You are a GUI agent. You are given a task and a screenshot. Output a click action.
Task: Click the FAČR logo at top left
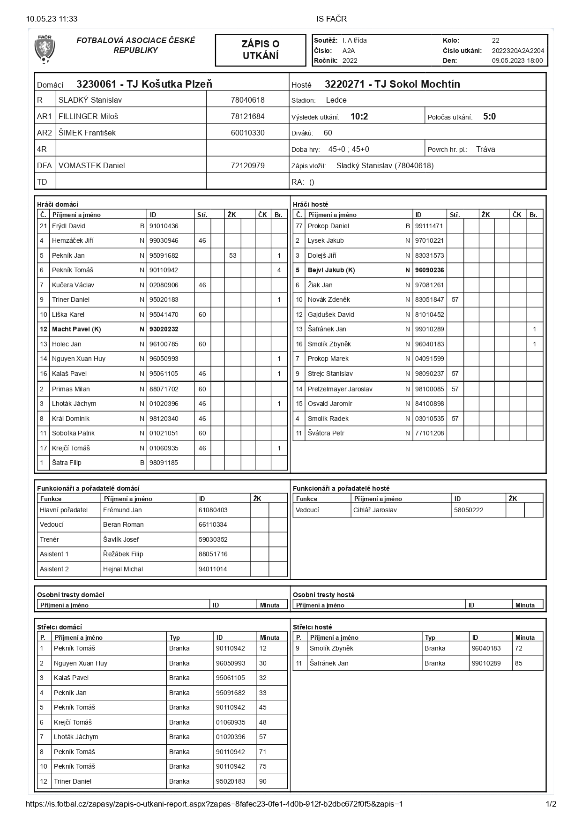pyautogui.click(x=45, y=49)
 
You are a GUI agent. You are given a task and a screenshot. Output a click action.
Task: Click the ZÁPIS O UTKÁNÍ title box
pyautogui.click(x=261, y=50)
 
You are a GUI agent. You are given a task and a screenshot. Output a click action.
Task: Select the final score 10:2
pyautogui.click(x=359, y=117)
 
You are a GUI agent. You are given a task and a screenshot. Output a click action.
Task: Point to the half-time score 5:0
pyautogui.click(x=489, y=117)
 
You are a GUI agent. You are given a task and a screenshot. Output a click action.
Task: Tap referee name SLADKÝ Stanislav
pyautogui.click(x=90, y=100)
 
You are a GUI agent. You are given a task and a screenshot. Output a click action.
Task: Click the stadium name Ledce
pyautogui.click(x=336, y=100)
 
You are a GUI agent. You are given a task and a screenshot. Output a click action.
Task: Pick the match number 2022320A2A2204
pyautogui.click(x=518, y=51)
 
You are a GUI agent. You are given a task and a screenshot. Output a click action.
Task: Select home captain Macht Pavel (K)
pyautogui.click(x=76, y=329)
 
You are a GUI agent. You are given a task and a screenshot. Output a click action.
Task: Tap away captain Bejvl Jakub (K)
pyautogui.click(x=331, y=270)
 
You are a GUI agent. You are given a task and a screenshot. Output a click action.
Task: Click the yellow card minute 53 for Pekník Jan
pyautogui.click(x=233, y=255)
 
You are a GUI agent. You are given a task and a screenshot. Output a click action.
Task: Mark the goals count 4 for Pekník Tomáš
pyautogui.click(x=279, y=270)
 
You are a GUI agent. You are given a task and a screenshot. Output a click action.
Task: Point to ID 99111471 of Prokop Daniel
pyautogui.click(x=429, y=226)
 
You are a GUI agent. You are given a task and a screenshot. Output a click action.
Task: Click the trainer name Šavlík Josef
pyautogui.click(x=121, y=539)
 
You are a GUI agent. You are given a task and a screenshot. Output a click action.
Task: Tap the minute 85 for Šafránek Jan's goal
pyautogui.click(x=518, y=663)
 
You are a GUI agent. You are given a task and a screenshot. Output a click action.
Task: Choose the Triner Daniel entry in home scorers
pyautogui.click(x=73, y=781)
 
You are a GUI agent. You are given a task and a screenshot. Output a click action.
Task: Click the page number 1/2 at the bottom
pyautogui.click(x=551, y=804)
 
